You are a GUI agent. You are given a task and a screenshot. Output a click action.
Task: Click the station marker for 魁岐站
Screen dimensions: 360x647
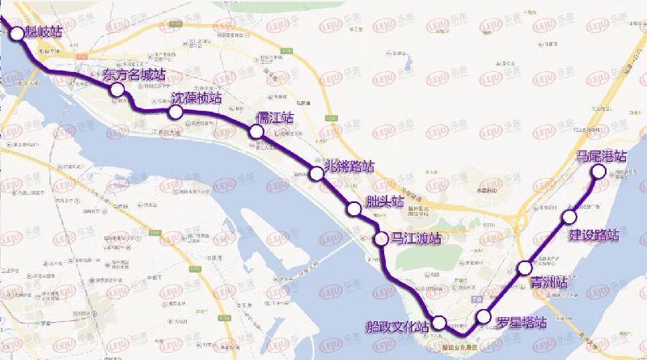pos(18,33)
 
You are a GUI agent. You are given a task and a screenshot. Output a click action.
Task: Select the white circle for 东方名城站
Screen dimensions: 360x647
pos(118,91)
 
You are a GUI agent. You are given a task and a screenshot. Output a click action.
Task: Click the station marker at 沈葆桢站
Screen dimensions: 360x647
pos(176,111)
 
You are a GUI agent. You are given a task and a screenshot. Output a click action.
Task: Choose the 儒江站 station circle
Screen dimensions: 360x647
pos(257,132)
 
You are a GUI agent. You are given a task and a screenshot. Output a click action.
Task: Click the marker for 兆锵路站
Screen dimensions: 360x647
pos(317,172)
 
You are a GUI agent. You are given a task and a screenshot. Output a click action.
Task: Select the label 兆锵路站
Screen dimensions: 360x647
pos(349,167)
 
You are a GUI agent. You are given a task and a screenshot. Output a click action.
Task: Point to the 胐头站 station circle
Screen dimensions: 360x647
pos(353,210)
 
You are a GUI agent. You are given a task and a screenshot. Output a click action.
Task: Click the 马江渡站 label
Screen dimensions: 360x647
pos(414,239)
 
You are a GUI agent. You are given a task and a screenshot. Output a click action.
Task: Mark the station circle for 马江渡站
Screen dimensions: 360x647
pos(382,239)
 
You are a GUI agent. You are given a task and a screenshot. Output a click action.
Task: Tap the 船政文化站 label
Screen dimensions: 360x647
pos(395,327)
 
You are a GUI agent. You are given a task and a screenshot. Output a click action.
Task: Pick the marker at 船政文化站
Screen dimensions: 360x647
pos(438,323)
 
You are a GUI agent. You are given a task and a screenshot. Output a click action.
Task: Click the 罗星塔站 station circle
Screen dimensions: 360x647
pos(484,316)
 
